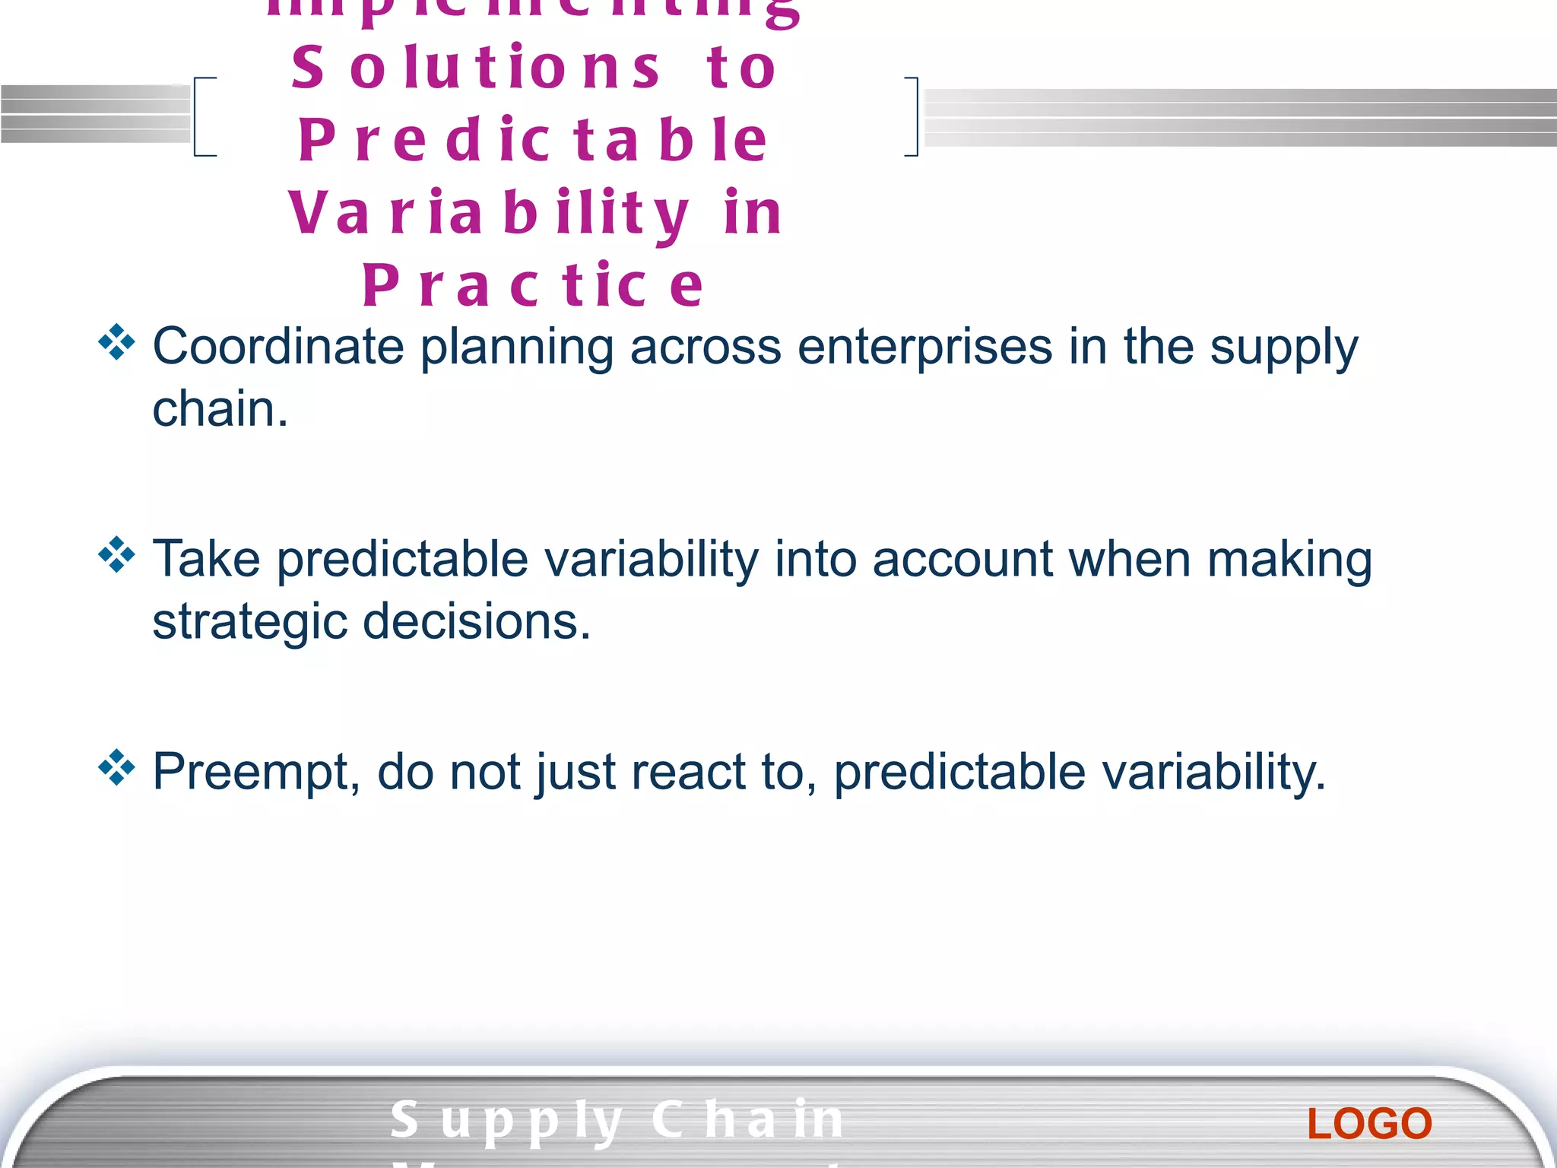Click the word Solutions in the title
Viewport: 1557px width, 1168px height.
tap(476, 68)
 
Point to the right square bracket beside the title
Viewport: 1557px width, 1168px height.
tap(912, 116)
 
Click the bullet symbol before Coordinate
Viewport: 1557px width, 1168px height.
tap(116, 342)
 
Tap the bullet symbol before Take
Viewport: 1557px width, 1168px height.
tap(116, 554)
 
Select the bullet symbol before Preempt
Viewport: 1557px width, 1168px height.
tap(116, 767)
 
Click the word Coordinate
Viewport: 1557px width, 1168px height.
tap(277, 347)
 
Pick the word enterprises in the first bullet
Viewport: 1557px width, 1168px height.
tap(924, 348)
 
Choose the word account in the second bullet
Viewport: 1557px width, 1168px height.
tap(962, 560)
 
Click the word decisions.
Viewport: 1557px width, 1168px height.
tap(476, 621)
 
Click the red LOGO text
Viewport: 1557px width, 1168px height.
tap(1369, 1124)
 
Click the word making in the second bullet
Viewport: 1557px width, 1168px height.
tap(1289, 561)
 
